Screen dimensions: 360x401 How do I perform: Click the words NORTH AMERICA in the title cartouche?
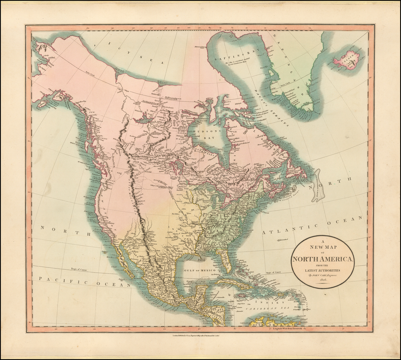[x=323, y=259]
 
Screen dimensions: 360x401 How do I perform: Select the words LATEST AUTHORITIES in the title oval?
[x=323, y=270]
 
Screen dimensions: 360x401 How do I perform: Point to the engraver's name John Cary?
[x=323, y=275]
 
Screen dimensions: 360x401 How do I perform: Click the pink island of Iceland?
[x=348, y=60]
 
